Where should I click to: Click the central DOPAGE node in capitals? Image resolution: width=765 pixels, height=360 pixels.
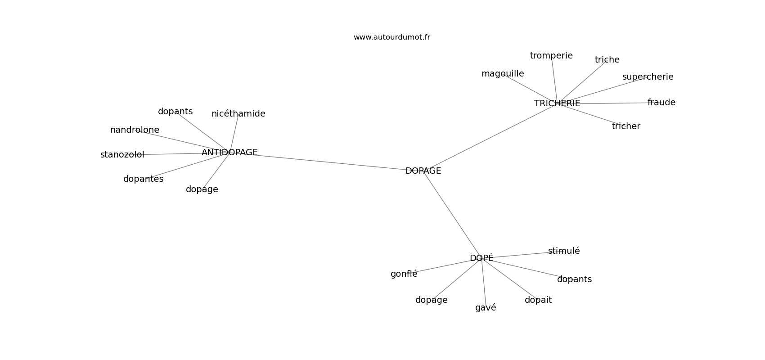point(423,171)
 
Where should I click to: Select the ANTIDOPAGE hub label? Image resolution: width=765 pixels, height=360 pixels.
point(229,153)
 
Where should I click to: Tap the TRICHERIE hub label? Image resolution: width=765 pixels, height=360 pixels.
point(557,103)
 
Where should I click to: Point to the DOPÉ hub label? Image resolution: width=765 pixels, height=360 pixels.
point(481,258)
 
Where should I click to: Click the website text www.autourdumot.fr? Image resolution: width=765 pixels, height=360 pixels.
point(391,37)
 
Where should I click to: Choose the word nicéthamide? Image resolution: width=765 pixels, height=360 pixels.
point(238,113)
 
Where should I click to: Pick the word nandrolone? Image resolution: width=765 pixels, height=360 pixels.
point(135,130)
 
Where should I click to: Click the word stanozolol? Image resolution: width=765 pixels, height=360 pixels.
point(122,155)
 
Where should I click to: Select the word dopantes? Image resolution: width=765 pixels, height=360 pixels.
point(144,179)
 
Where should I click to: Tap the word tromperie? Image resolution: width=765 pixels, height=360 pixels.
point(551,56)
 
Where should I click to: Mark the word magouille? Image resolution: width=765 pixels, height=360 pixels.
point(503,74)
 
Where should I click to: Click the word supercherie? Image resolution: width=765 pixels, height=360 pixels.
point(648,77)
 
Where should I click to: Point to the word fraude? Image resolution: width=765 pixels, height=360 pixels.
point(661,103)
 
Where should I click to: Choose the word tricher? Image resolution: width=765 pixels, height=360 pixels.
point(626,126)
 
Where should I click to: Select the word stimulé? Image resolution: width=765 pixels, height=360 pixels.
point(564,251)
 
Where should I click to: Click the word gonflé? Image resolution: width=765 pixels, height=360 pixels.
point(404,274)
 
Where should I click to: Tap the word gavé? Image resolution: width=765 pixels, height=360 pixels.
point(486,307)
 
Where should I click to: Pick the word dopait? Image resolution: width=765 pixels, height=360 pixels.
point(538,300)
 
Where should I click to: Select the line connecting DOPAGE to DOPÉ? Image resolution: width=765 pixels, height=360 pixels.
point(453,215)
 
